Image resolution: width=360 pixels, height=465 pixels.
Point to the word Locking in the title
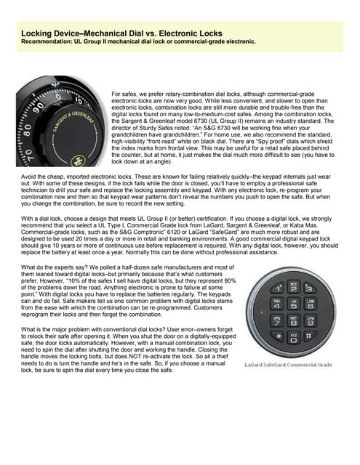(37, 33)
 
